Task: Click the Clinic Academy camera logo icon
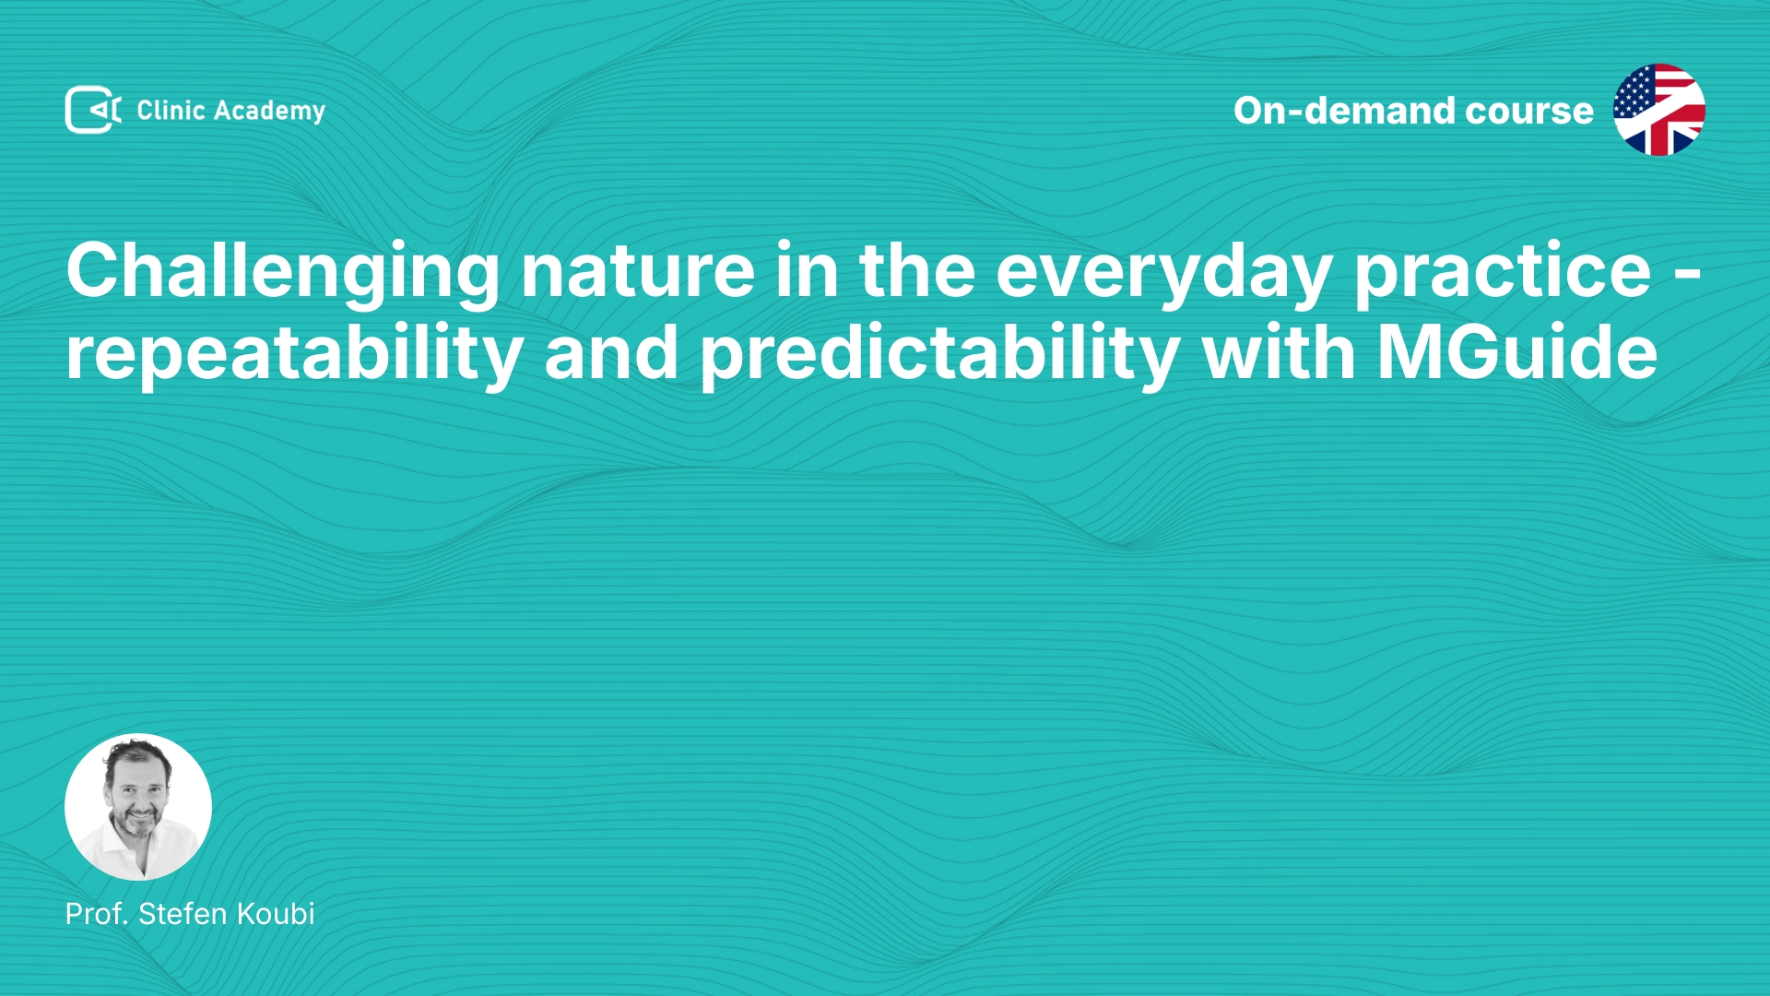pos(93,110)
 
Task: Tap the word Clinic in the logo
pos(171,110)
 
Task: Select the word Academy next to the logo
pos(269,112)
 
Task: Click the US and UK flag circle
pos(1658,110)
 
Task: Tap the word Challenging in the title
pos(283,273)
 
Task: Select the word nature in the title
pos(638,271)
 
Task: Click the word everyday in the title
pos(1164,273)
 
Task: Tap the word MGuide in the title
pos(1517,352)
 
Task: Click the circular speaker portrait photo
pos(138,807)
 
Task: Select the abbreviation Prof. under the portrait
pos(97,914)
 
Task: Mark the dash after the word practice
pos(1686,274)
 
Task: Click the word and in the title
pos(612,352)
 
